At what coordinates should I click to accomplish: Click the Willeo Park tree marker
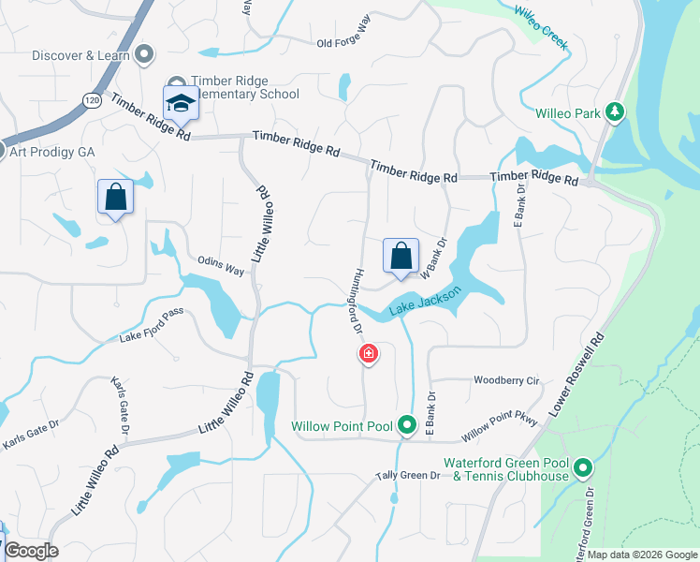614,112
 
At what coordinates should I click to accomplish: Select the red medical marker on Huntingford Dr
369,354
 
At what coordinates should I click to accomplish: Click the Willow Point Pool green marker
407,426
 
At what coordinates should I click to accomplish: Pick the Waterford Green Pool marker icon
583,466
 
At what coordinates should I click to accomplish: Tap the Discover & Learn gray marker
143,55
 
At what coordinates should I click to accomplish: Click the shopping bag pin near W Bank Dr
401,256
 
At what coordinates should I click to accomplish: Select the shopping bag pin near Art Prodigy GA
115,197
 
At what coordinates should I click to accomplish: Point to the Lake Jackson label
427,302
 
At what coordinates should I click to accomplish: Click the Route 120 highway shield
91,99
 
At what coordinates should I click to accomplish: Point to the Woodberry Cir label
507,381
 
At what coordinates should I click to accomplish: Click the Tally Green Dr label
408,476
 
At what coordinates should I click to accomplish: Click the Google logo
30,551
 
